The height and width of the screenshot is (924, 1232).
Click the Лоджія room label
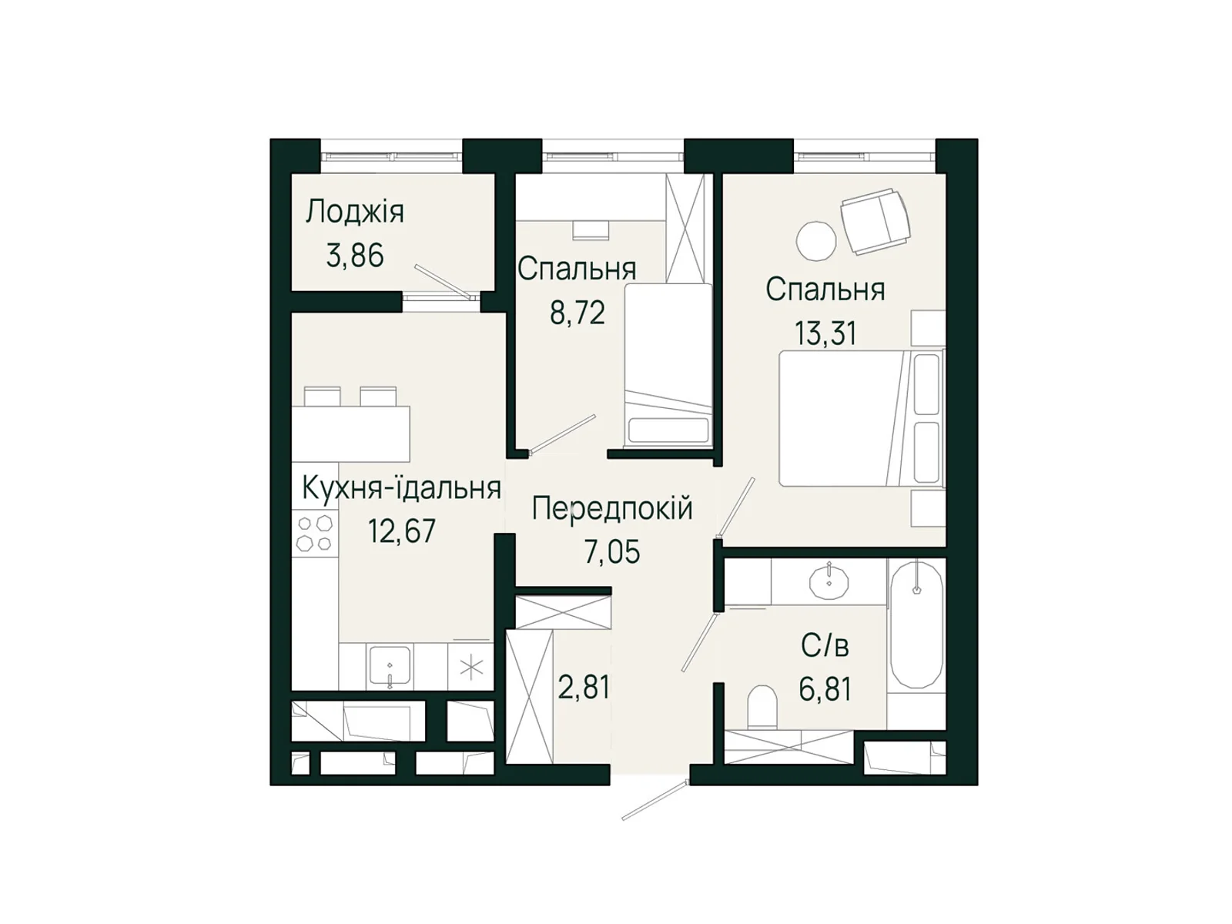[355, 213]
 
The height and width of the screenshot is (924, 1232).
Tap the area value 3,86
[355, 256]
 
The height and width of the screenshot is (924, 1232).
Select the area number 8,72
[577, 313]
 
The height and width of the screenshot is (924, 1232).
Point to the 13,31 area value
[825, 333]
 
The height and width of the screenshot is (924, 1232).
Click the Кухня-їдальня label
[401, 487]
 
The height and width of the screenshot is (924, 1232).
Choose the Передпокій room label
[612, 509]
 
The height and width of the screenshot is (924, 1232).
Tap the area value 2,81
[584, 687]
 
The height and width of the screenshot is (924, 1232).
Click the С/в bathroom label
[825, 646]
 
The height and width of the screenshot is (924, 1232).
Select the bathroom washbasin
[829, 582]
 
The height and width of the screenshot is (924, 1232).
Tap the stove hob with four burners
[315, 533]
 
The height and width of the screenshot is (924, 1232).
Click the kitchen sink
[389, 667]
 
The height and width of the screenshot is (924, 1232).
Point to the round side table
[816, 241]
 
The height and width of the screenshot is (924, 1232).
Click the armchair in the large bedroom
[875, 220]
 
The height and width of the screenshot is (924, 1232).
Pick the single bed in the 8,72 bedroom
[668, 365]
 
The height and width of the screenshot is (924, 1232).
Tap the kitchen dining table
[350, 434]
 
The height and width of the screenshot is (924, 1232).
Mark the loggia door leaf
[442, 280]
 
